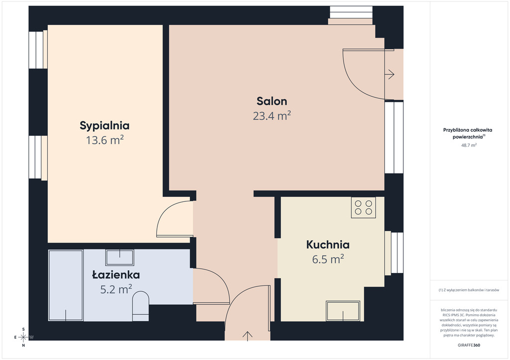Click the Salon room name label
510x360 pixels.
272,101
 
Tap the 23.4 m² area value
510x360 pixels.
272,115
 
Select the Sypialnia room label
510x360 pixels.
105,126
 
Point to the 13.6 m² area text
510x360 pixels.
105,140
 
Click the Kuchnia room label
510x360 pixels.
328,245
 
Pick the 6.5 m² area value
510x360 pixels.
328,260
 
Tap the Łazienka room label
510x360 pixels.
116,274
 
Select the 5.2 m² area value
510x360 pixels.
116,289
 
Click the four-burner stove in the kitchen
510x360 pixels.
363,207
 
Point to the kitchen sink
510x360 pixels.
343,311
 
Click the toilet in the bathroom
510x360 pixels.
140,306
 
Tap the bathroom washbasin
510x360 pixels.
120,258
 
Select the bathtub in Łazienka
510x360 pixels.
66,285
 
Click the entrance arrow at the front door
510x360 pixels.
248,336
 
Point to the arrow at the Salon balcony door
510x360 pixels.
389,75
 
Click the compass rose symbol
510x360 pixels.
23,337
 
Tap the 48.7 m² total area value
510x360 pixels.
469,145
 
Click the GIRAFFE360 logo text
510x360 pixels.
469,345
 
